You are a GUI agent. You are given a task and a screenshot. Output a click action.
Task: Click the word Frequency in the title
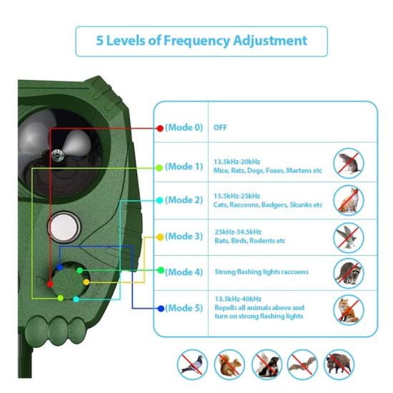(196, 41)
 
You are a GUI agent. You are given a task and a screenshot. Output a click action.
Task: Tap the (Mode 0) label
(184, 128)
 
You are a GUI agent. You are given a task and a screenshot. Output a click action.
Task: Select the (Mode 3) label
(184, 237)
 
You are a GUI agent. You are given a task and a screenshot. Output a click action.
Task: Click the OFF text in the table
(220, 128)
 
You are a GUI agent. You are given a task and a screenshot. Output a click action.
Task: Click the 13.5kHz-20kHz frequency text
(237, 161)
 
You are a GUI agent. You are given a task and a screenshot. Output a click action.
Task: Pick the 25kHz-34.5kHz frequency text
(238, 232)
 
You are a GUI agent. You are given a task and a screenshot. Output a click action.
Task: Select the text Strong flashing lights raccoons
(262, 272)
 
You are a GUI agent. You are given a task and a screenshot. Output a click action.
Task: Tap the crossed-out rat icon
(349, 163)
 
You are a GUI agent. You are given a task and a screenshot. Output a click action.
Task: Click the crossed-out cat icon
(349, 200)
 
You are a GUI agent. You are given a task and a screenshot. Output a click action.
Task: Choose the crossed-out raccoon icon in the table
(349, 273)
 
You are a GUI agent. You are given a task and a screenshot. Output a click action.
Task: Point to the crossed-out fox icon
(349, 310)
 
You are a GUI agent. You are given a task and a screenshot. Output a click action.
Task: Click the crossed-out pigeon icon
(192, 364)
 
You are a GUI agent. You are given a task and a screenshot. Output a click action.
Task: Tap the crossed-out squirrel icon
(229, 364)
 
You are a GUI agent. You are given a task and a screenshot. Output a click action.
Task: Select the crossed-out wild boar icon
(339, 364)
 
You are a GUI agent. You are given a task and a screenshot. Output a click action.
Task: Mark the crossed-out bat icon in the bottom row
(302, 364)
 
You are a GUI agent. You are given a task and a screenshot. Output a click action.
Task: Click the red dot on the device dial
(50, 284)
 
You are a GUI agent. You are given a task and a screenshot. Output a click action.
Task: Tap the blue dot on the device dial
(59, 267)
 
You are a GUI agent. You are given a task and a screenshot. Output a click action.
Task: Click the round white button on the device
(64, 227)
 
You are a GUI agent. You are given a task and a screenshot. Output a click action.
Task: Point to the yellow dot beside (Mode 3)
(160, 237)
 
